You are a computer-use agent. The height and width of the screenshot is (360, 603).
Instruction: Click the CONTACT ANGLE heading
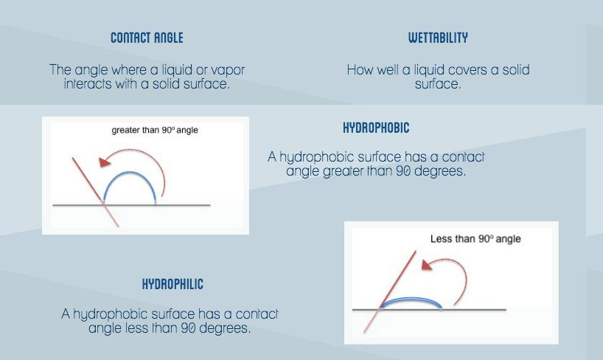pos(147,38)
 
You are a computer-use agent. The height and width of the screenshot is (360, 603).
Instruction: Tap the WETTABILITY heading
pos(438,38)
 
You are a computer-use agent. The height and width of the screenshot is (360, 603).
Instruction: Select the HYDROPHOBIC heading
pos(376,128)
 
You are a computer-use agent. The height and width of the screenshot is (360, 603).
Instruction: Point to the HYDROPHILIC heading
pos(172,284)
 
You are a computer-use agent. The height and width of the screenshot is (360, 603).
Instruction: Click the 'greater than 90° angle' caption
pos(155,130)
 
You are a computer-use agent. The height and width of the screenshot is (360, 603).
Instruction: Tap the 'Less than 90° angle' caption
pos(475,239)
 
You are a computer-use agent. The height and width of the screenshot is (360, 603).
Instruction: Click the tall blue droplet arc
pos(130,172)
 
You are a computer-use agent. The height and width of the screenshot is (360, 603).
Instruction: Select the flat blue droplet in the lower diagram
pos(411,298)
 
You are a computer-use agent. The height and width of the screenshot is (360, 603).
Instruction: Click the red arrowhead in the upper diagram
pos(104,162)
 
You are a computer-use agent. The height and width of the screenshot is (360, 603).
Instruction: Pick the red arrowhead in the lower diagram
pos(427,265)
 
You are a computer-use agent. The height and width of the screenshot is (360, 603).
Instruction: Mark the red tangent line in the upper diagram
pos(95,192)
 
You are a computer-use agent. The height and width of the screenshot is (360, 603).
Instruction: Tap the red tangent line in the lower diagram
pos(390,292)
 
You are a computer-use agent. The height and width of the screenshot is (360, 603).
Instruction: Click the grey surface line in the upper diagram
pos(131,205)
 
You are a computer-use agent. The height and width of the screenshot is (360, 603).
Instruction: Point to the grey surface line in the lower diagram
pos(429,310)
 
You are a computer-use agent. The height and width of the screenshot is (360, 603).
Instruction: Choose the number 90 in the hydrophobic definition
pos(403,171)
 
